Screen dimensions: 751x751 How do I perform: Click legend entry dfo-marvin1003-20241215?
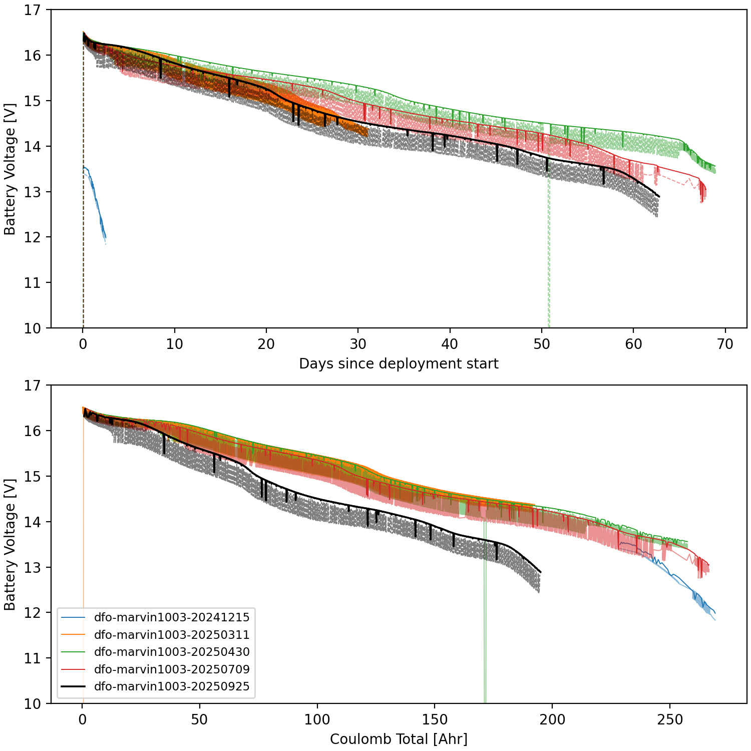tap(171, 617)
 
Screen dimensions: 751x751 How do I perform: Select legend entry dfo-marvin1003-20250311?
tap(171, 635)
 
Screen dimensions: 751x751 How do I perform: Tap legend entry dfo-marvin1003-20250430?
tap(171, 652)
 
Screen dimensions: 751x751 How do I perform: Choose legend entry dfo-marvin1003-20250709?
tap(171, 669)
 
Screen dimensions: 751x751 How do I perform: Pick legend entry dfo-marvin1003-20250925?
tap(171, 686)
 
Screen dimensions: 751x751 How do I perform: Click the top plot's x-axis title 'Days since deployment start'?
tap(399, 363)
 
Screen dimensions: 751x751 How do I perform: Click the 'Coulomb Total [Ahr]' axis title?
tap(399, 739)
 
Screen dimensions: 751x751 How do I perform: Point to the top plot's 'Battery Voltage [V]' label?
tap(10, 169)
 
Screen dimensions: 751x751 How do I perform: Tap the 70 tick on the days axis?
tap(725, 344)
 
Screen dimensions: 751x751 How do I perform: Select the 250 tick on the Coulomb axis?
tap(670, 719)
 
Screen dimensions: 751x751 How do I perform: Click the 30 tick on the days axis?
tap(358, 344)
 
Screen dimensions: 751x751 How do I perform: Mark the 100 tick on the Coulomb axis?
tap(317, 719)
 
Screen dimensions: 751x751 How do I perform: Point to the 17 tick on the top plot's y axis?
tap(33, 10)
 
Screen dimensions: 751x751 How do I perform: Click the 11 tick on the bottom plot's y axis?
tap(33, 658)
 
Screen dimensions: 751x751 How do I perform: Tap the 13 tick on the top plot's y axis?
tap(33, 192)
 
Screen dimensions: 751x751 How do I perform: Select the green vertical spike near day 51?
tap(549, 250)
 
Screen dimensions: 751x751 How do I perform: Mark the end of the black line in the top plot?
tap(659, 197)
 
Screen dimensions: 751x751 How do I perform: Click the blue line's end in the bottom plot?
tap(715, 613)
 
